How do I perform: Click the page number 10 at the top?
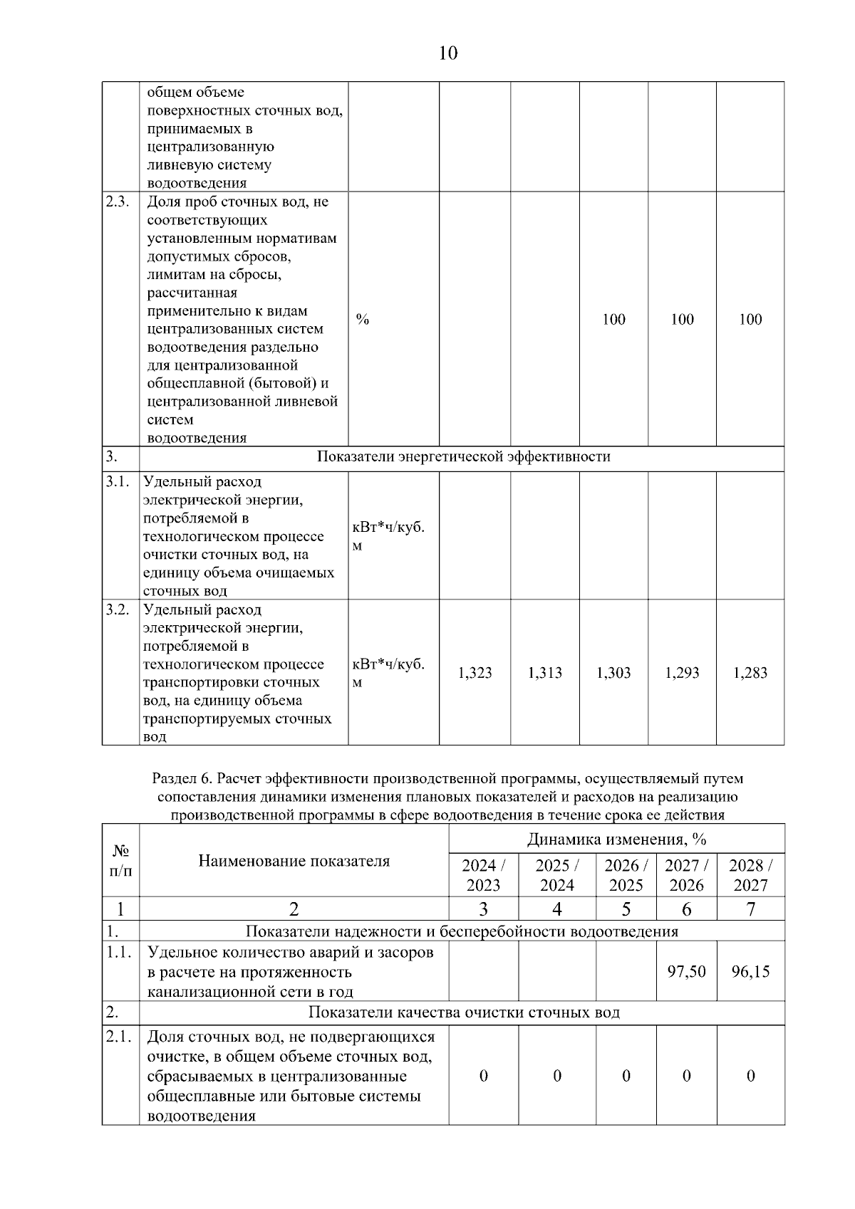click(x=448, y=53)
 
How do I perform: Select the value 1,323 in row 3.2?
click(x=475, y=673)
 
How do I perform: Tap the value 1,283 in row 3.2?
click(x=750, y=673)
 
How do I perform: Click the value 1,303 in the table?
click(x=613, y=673)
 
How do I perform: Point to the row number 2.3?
click(x=118, y=201)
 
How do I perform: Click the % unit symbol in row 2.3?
click(x=363, y=320)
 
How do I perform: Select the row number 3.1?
click(x=118, y=481)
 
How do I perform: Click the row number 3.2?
click(x=118, y=609)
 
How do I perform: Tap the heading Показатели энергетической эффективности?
click(x=463, y=456)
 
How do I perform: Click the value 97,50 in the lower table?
click(x=686, y=971)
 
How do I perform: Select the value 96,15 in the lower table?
click(x=750, y=971)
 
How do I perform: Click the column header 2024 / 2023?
click(x=483, y=875)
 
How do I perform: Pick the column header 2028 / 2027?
click(x=750, y=875)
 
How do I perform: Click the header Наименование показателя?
click(x=294, y=861)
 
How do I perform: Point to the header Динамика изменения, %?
click(x=616, y=839)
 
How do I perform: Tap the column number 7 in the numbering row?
click(x=750, y=909)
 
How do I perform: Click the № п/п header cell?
click(x=120, y=860)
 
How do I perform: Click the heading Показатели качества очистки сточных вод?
click(x=463, y=1012)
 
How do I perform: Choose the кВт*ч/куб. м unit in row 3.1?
click(x=388, y=536)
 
